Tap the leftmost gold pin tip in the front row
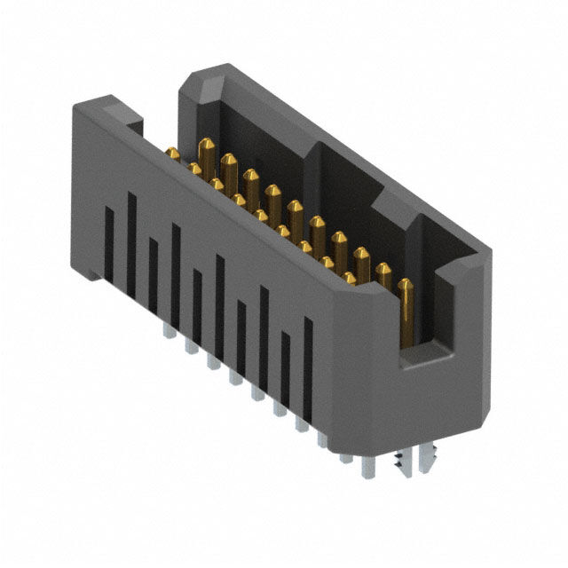point(173,154)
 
